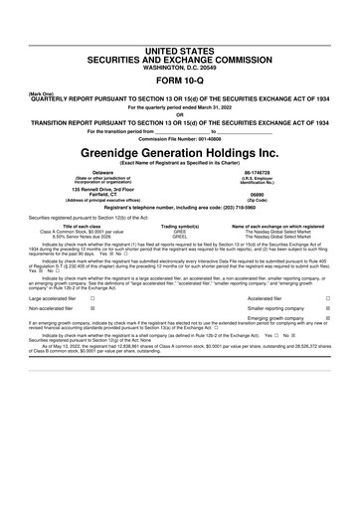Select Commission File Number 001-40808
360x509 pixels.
tap(179, 137)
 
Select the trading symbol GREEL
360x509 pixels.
tap(181, 239)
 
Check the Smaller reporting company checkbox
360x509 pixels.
tap(327, 337)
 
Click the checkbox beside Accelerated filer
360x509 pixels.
tap(327, 325)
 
